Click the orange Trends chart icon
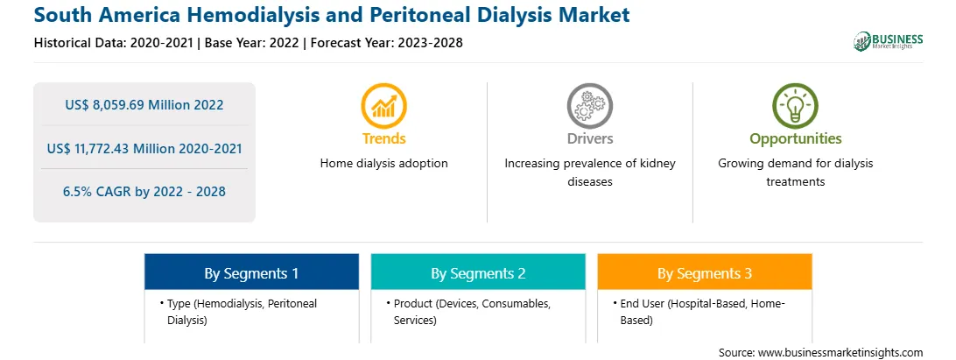click(383, 106)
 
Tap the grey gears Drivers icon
click(589, 106)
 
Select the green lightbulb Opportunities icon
click(795, 106)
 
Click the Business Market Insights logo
click(889, 41)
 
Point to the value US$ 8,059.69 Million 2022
click(144, 105)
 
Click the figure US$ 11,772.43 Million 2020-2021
click(144, 148)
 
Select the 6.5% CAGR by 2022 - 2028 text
click(144, 192)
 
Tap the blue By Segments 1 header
click(252, 272)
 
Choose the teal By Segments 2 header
click(478, 272)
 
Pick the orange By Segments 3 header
click(705, 272)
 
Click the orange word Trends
click(383, 138)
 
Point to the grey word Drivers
click(589, 138)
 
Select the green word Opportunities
click(796, 139)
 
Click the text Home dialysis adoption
click(384, 164)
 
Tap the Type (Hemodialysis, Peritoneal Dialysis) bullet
click(238, 312)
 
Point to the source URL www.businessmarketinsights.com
click(840, 353)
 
